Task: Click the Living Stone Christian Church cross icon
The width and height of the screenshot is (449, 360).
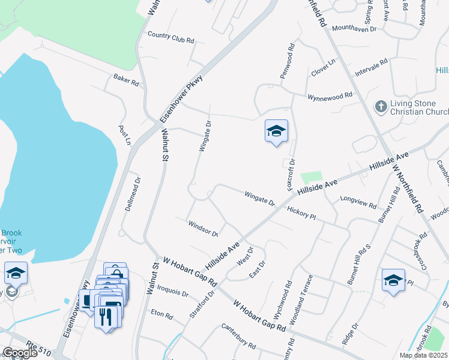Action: click(x=379, y=107)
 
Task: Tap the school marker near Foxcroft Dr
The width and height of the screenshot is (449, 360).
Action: click(x=276, y=132)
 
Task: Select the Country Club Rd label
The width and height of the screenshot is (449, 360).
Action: click(x=170, y=37)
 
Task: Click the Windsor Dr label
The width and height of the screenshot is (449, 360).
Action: click(x=202, y=229)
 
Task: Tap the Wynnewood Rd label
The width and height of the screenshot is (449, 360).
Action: click(x=330, y=96)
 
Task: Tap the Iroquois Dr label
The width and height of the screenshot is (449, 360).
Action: click(x=173, y=294)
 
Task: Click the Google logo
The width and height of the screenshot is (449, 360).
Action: click(x=19, y=353)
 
